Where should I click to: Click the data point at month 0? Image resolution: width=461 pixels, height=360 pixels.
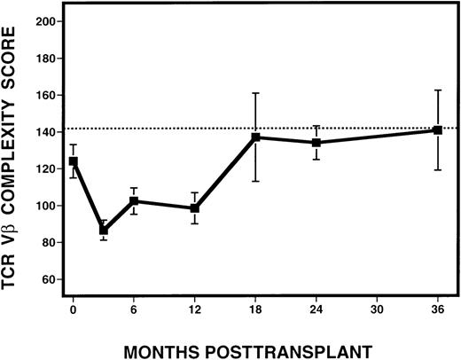(73, 161)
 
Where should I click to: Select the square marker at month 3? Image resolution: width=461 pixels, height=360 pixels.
(104, 231)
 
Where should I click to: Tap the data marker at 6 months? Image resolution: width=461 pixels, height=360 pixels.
(134, 201)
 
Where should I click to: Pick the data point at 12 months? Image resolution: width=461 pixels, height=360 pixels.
(195, 208)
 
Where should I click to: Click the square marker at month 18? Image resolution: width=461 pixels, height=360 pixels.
(255, 137)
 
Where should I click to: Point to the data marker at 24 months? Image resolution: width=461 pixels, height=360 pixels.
(316, 143)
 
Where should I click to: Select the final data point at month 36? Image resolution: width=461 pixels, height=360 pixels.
(438, 130)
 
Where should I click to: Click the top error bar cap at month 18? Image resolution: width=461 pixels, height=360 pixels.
(255, 93)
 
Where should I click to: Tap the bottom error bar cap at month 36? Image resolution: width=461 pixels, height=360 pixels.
(438, 169)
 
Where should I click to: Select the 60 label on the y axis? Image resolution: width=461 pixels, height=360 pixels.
(55, 279)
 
